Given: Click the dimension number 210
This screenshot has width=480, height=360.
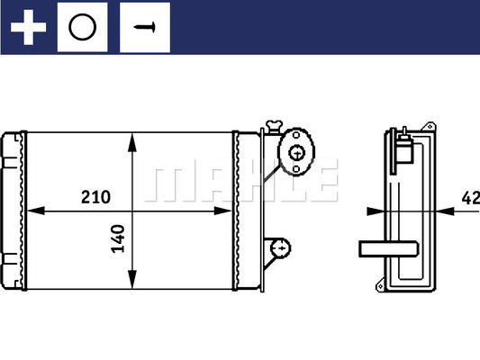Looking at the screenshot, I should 95,197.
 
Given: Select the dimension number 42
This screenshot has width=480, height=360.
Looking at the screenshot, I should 469,198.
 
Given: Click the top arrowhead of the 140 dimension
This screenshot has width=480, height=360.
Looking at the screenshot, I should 133,139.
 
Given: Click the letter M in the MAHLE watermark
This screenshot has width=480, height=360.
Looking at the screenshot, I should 167,183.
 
